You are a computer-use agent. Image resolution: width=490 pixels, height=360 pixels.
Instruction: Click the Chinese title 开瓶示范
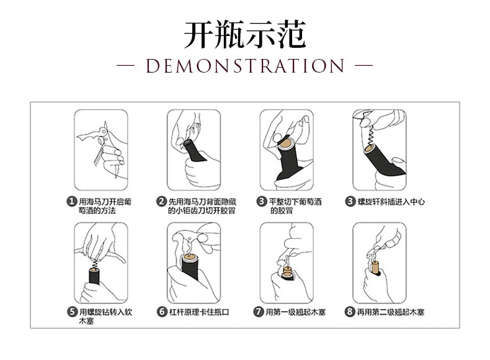244,34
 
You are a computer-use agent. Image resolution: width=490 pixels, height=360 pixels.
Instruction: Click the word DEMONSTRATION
245,66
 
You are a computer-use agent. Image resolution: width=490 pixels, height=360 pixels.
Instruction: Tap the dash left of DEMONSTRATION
125,66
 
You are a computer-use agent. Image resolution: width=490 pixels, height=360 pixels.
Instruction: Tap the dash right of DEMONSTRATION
364,66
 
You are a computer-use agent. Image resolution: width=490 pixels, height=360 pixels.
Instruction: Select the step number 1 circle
72,202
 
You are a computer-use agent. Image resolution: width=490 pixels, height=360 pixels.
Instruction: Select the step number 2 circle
161,202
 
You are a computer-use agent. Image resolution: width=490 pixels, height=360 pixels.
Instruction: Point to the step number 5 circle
72,312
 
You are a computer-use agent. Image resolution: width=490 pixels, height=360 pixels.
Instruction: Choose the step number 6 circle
162,312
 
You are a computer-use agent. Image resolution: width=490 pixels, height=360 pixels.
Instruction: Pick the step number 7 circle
259,312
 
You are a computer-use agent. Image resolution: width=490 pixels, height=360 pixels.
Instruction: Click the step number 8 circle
350,312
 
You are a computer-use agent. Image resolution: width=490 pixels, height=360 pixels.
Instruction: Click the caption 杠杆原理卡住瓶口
199,312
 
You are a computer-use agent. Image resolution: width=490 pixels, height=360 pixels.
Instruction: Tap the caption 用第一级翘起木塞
296,312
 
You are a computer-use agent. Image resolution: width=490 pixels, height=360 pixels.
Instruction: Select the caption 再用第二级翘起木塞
391,312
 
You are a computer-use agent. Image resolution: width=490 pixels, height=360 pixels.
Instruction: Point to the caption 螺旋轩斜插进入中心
391,202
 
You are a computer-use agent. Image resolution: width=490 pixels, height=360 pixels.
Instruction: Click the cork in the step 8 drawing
375,267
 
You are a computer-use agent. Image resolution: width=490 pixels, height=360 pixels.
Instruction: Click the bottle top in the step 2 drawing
188,143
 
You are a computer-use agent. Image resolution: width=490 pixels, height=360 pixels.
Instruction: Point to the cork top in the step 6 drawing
190,258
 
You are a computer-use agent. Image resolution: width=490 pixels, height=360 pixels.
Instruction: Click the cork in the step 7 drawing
287,271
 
